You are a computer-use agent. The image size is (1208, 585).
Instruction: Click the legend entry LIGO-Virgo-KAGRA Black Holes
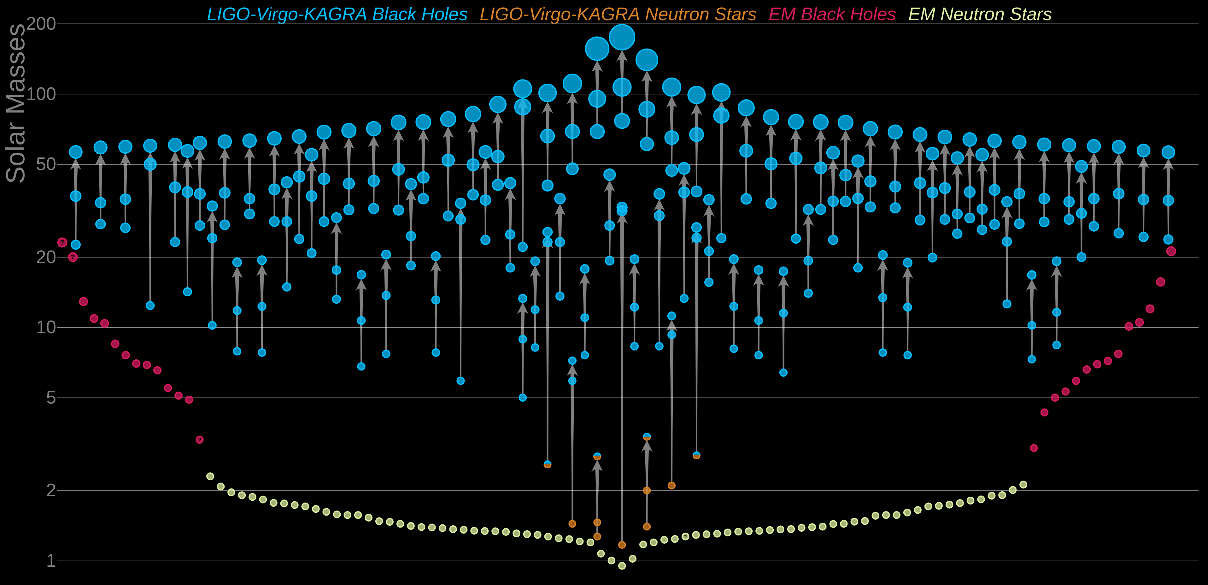337,15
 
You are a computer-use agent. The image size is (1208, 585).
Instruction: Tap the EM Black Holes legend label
832,15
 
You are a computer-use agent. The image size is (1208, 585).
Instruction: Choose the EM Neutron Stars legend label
980,15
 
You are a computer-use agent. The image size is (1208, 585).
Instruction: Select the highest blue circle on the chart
622,37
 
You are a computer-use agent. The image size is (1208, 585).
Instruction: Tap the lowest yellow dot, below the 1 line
622,566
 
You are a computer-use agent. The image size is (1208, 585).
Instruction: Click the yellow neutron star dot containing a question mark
685,536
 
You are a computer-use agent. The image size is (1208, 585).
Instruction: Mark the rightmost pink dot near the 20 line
1171,251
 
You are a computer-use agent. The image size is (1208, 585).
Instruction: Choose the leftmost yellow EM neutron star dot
210,476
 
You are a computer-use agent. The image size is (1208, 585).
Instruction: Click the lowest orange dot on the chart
622,545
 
